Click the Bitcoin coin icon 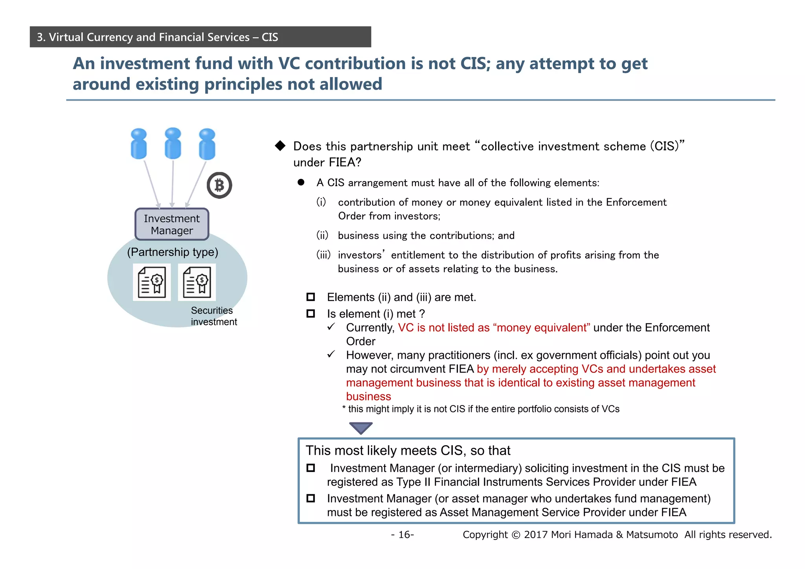click(219, 185)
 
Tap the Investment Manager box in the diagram click(172, 224)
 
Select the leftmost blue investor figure click(139, 144)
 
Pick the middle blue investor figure click(173, 143)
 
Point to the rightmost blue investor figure click(207, 144)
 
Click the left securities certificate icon click(152, 282)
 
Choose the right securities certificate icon click(197, 282)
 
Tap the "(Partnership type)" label click(173, 252)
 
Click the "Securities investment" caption click(213, 316)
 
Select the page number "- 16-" click(402, 534)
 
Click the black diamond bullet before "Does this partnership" click(280, 146)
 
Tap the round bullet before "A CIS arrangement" click(301, 182)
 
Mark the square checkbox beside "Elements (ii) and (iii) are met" click(311, 297)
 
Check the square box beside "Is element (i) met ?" click(311, 314)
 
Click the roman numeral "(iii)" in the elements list click(323, 255)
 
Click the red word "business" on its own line click(368, 396)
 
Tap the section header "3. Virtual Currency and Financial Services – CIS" click(157, 37)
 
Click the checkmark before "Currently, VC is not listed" click(331, 327)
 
